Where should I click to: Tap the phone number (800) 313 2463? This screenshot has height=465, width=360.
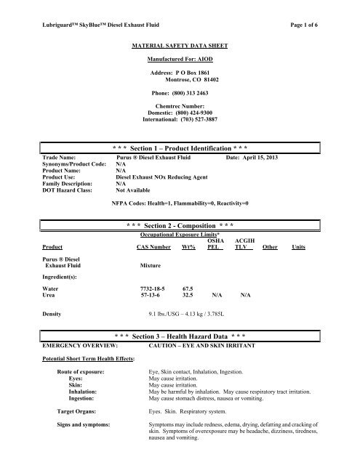[x=185, y=94]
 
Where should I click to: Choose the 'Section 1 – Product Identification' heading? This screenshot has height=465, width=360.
[x=180, y=147]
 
